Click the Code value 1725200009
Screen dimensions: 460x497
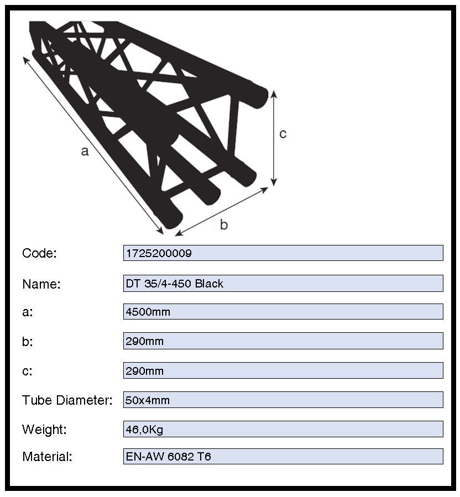159,253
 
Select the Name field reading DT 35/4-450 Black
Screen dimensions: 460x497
174,284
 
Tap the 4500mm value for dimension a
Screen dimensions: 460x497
148,312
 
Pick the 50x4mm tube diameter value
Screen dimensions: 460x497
148,400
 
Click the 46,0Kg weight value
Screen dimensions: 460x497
144,430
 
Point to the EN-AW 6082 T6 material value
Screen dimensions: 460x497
168,457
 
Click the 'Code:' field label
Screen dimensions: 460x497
39,253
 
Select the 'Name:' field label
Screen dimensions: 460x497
41,284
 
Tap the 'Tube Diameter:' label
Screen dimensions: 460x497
67,400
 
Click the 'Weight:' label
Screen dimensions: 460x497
44,430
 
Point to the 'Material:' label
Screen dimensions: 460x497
47,457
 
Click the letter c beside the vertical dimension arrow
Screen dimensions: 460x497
283,134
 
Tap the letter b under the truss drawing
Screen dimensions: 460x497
224,224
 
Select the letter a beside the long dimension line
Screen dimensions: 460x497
85,151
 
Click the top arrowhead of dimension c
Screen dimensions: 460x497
274,94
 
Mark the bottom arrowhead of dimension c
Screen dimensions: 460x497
274,182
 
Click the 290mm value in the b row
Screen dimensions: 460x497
144,341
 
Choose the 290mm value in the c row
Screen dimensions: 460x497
144,371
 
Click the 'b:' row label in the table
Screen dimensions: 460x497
28,342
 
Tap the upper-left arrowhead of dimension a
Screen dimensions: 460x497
25,60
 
